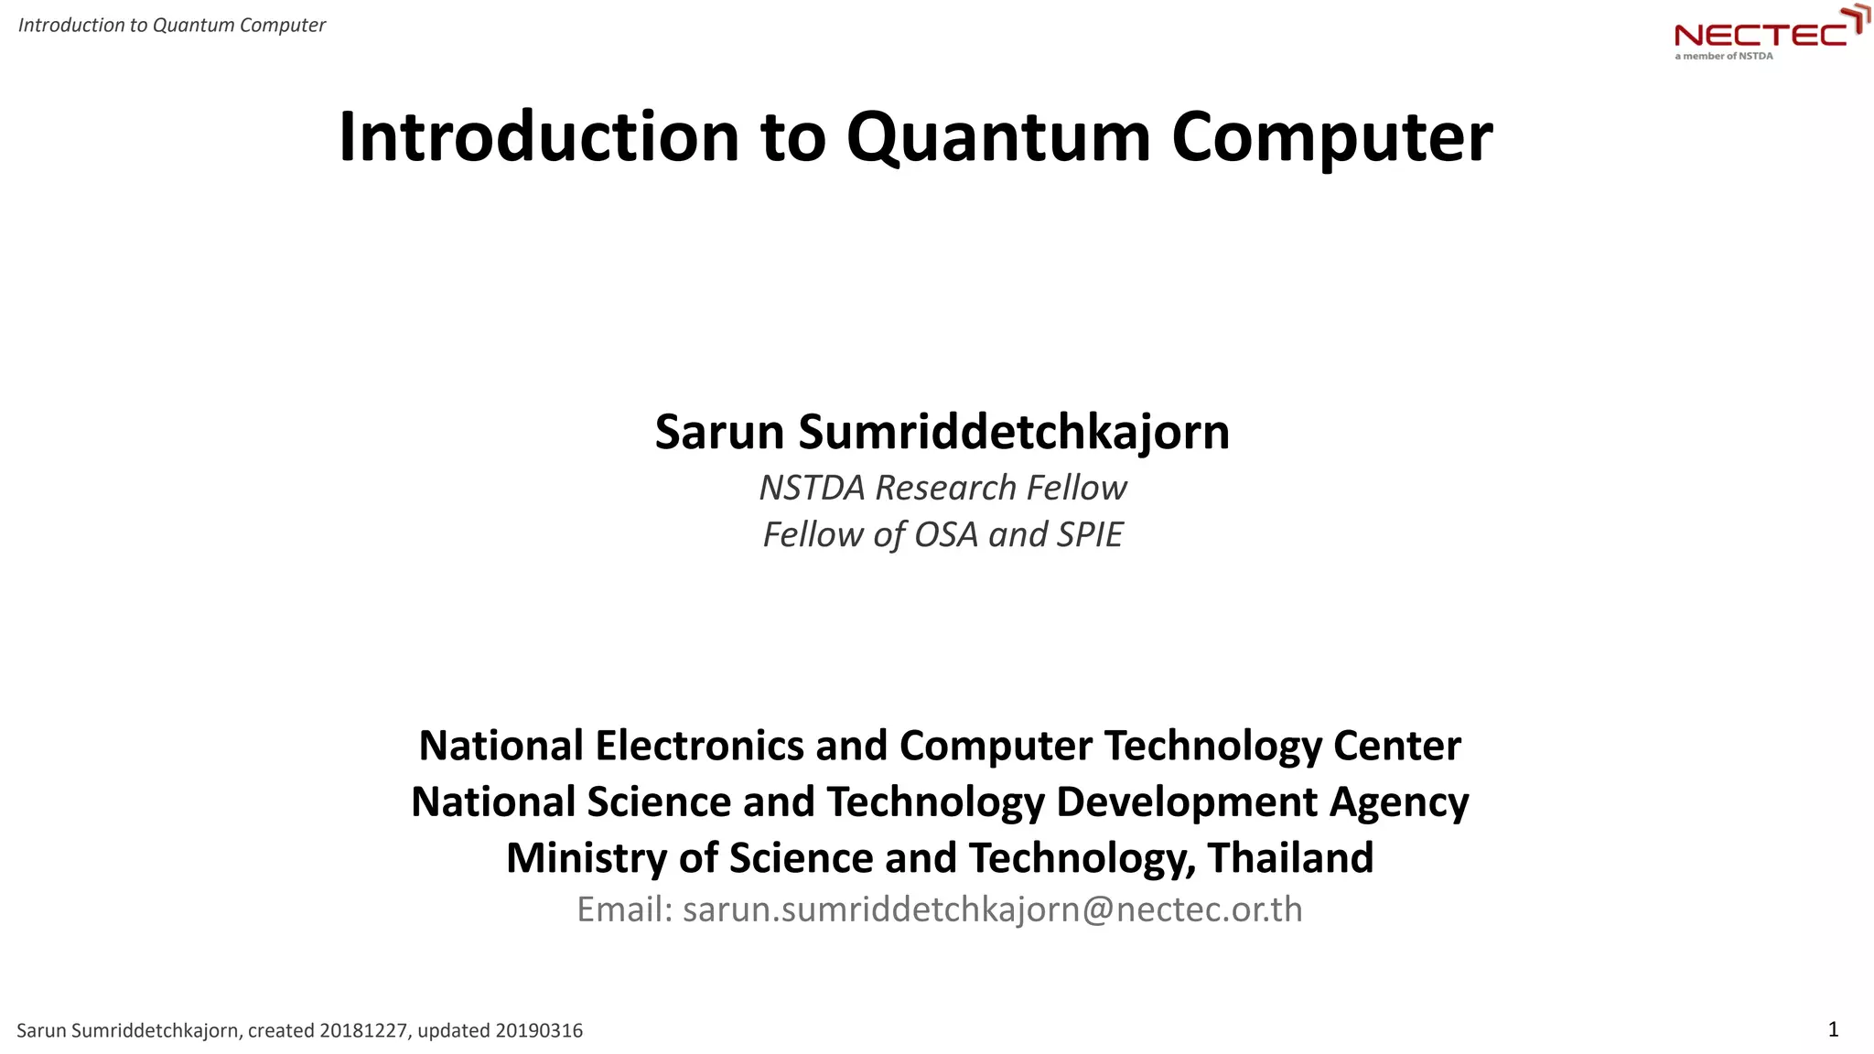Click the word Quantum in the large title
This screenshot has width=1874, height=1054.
[998, 137]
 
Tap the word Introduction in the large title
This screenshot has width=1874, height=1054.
[538, 137]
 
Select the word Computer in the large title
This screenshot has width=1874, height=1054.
[1331, 137]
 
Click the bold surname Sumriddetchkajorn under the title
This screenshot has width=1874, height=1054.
[1014, 432]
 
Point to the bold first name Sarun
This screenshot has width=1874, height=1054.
[719, 432]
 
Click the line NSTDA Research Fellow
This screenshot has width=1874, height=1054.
[942, 488]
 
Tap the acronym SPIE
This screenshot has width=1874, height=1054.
[1089, 534]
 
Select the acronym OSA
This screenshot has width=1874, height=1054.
[946, 534]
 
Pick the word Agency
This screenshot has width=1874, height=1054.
[1399, 802]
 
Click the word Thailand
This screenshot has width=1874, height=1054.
[1290, 858]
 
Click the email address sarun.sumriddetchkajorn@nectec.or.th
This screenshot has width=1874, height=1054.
[992, 909]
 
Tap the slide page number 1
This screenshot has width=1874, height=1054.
[1833, 1029]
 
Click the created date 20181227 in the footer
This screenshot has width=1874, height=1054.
[363, 1031]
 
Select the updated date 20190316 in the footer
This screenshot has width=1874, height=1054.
[539, 1031]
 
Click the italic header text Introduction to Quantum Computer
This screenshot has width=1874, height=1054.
[172, 25]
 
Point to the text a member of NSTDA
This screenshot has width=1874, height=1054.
[1724, 56]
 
